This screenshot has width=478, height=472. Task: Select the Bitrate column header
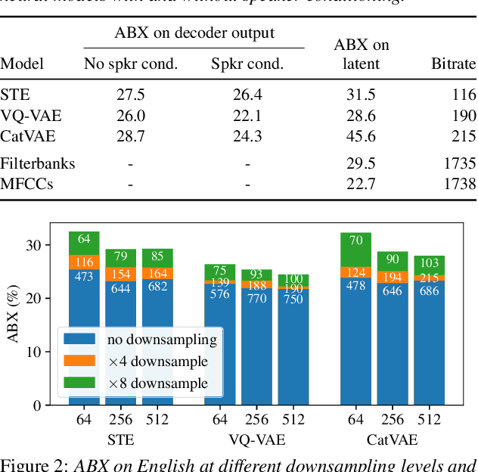(x=454, y=64)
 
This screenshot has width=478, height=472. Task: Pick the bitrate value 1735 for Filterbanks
(x=461, y=163)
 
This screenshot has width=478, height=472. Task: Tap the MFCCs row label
(x=26, y=183)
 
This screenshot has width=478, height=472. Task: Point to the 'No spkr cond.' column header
(x=130, y=64)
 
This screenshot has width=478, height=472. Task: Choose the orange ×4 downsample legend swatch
(x=80, y=362)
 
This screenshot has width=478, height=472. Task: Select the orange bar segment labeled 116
(x=84, y=262)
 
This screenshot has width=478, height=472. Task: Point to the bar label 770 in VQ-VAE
(x=257, y=299)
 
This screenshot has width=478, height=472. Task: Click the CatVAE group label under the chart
(x=392, y=439)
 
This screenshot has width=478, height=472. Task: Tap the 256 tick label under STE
(x=120, y=421)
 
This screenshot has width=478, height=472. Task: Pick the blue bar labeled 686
(x=429, y=290)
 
